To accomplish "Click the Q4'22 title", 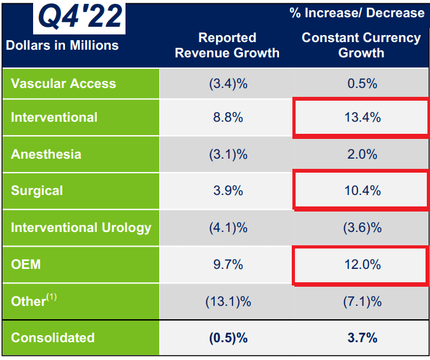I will point(80,17).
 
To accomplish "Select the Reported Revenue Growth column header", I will point(227,45).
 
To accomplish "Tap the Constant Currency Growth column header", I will point(361,45).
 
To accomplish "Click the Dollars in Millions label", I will point(62,45).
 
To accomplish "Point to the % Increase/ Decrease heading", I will point(357,13).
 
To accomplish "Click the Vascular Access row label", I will point(64,83).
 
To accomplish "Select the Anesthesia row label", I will point(46,154).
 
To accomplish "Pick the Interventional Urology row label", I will point(81,227).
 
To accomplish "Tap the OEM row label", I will point(26,264).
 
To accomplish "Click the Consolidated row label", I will point(53,338).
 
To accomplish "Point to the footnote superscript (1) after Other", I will point(51,297).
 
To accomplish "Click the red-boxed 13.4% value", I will point(361,117).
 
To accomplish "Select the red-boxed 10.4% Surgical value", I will point(361,191).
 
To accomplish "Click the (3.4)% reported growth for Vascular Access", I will point(227,83).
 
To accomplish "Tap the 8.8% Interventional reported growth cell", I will point(227,117).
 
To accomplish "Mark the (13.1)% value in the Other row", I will point(227,301).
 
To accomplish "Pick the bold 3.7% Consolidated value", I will point(361,338).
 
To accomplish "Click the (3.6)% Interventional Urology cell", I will point(361,227).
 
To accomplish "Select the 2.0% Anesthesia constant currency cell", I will point(361,154).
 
